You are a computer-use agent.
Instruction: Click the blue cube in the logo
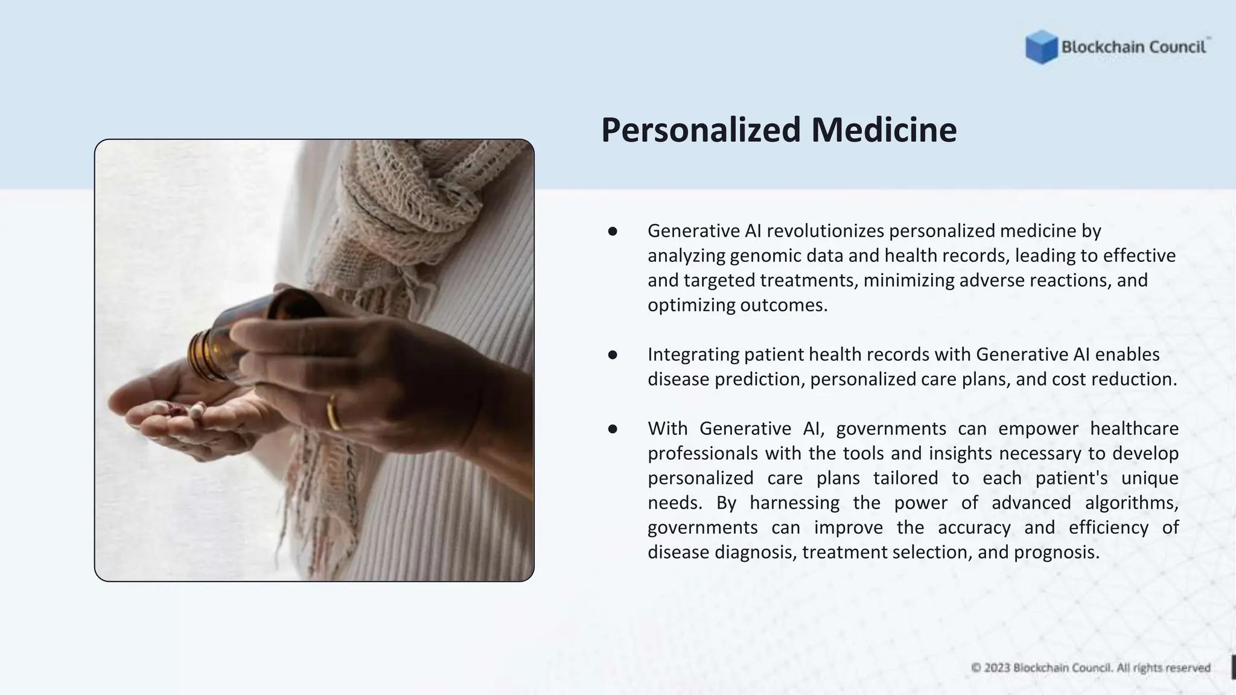[x=1041, y=46]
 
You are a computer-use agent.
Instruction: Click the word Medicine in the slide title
[x=884, y=130]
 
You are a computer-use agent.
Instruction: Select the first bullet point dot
[x=613, y=231]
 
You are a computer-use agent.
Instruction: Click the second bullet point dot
[x=613, y=355]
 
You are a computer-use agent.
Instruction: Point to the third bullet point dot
[x=613, y=429]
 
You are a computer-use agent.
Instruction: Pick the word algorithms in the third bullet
[x=1131, y=503]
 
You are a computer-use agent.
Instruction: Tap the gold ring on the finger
[x=333, y=413]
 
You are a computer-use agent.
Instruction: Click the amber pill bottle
[x=241, y=338]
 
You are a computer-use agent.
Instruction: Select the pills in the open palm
[x=181, y=411]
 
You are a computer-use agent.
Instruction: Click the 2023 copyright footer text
[x=1091, y=668]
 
